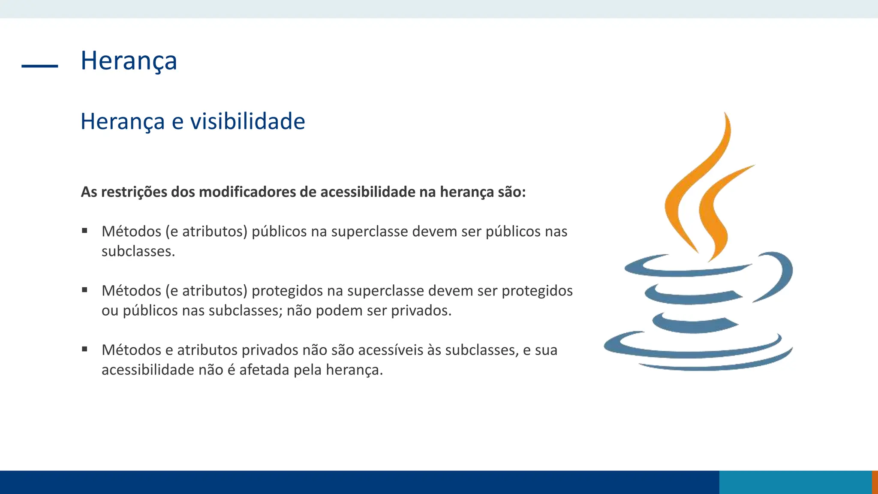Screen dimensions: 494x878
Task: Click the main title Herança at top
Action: point(129,60)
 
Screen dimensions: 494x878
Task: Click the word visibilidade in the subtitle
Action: point(247,121)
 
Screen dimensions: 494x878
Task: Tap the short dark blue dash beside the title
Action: point(39,66)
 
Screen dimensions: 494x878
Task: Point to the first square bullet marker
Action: point(85,231)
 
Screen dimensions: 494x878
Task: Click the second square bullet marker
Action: point(85,290)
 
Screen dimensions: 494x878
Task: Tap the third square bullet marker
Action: point(85,349)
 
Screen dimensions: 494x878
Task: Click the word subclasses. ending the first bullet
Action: point(138,251)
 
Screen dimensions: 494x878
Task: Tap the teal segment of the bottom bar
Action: point(795,482)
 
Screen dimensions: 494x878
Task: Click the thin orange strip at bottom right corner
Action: point(875,482)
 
